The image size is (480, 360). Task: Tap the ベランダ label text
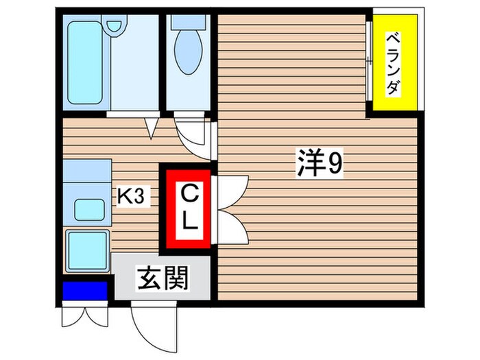tap(391, 63)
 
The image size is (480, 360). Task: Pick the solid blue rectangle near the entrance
tap(85, 291)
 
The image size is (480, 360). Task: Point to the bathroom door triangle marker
tap(152, 126)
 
